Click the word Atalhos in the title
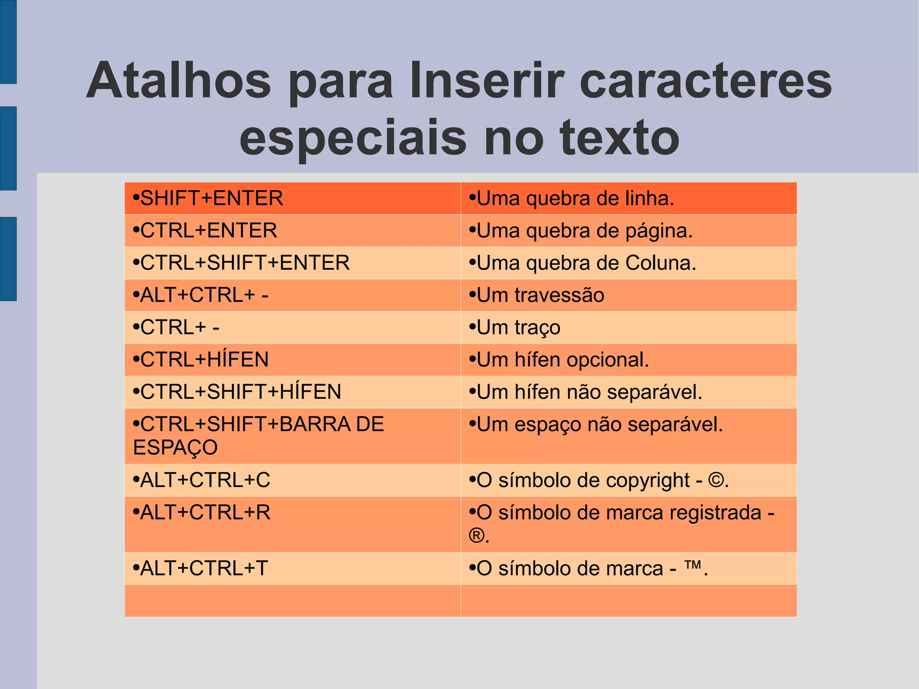[x=179, y=81]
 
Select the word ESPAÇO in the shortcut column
[x=175, y=448]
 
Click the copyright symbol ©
[x=716, y=480]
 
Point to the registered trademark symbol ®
[x=477, y=535]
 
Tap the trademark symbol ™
[x=692, y=565]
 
